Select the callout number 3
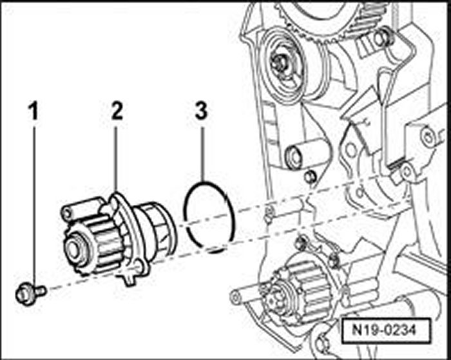(201, 111)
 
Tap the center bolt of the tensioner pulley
(282, 62)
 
